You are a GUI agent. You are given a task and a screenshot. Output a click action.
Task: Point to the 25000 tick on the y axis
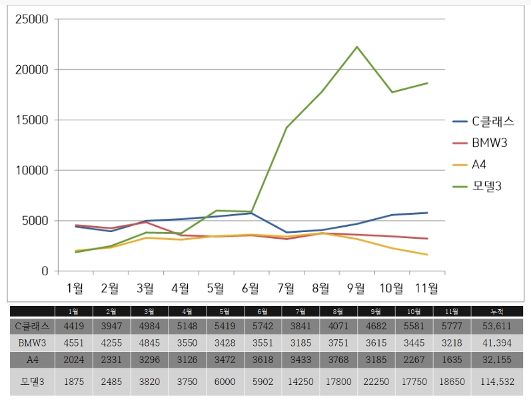(x=31, y=19)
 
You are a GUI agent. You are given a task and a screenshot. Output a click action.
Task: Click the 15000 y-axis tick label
(x=31, y=120)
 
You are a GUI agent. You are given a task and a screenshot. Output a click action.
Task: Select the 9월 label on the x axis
(x=356, y=288)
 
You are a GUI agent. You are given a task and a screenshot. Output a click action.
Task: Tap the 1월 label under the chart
(x=75, y=288)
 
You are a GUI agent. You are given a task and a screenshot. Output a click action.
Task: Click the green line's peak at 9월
(x=356, y=47)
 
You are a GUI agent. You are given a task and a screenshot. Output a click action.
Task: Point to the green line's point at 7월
(x=286, y=127)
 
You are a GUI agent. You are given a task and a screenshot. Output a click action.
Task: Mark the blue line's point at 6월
(x=251, y=213)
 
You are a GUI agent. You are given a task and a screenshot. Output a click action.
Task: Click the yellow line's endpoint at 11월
(x=427, y=255)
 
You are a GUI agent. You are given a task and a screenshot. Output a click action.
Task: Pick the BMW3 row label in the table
(x=32, y=342)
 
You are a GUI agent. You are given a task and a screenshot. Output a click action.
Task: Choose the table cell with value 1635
(x=452, y=360)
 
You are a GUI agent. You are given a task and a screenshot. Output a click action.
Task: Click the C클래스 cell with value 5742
(x=263, y=326)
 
